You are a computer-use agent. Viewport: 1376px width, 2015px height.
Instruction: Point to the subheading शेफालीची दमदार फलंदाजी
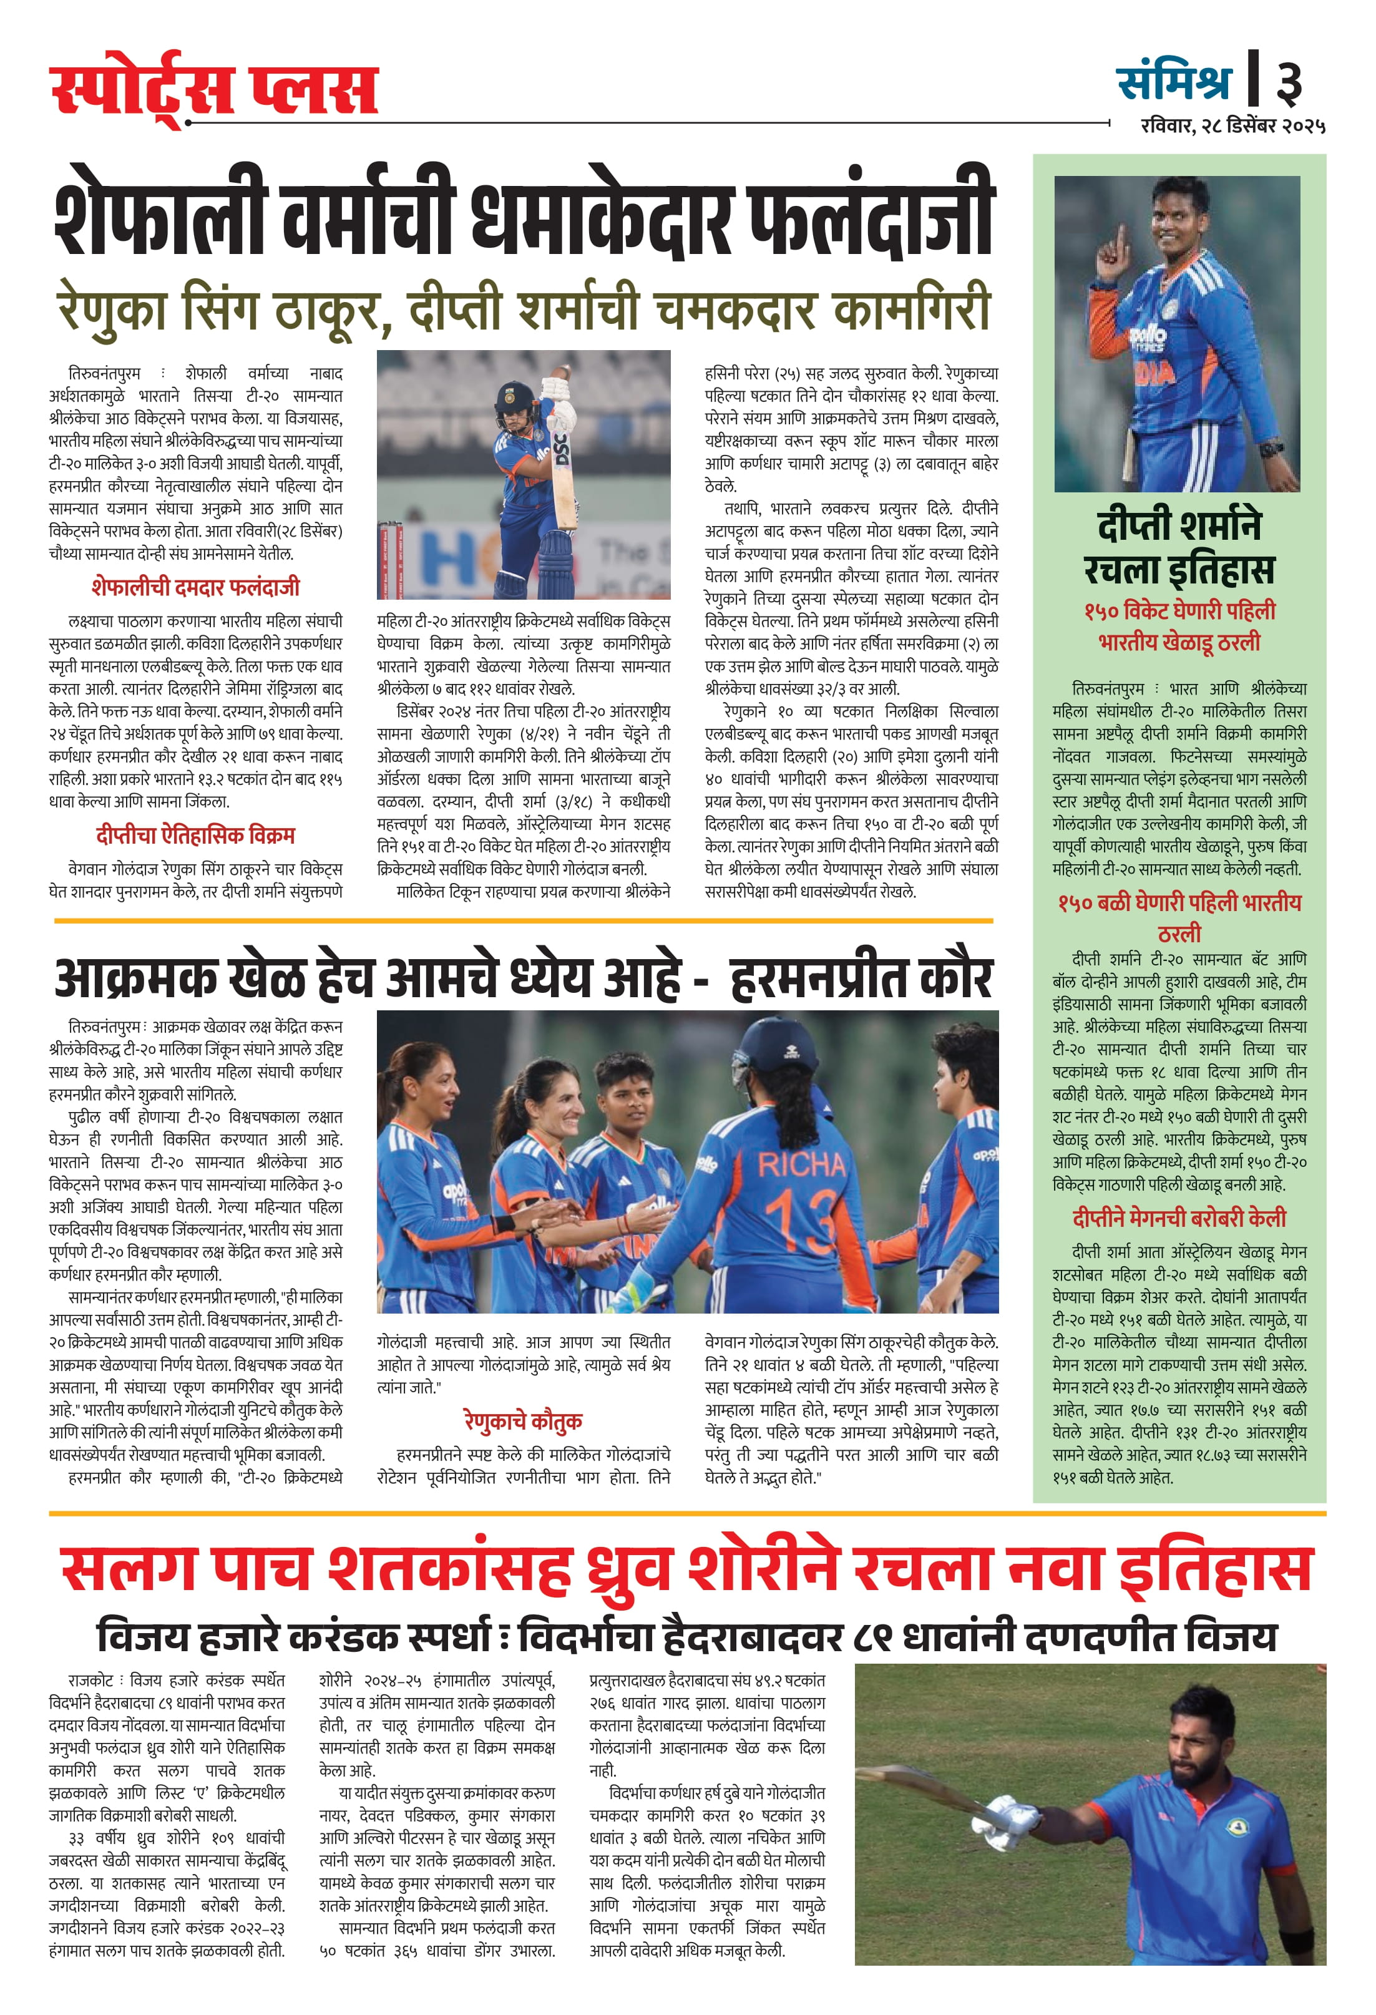pyautogui.click(x=195, y=587)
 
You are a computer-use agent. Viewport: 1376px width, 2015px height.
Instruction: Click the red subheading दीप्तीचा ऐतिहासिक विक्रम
pyautogui.click(x=195, y=835)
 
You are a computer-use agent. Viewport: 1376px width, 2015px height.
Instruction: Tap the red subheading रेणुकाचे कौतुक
pyautogui.click(x=523, y=1420)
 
